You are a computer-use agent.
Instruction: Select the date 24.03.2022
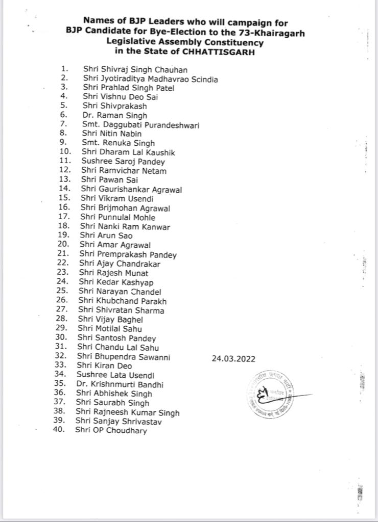coord(233,358)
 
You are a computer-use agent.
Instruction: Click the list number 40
coord(59,430)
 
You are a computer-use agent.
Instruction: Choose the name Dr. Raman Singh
coord(111,116)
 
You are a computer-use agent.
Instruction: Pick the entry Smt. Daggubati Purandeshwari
coord(140,125)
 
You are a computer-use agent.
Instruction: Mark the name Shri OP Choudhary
coord(111,430)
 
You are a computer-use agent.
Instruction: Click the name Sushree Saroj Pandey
coord(123,162)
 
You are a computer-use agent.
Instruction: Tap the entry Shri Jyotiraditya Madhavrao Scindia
coord(151,79)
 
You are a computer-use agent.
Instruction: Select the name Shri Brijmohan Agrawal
coord(125,208)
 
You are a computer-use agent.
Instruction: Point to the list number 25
coord(62,291)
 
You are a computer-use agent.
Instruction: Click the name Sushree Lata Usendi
coord(115,375)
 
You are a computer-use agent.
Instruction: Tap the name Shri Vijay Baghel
coord(110,320)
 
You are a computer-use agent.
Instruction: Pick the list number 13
coord(65,180)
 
